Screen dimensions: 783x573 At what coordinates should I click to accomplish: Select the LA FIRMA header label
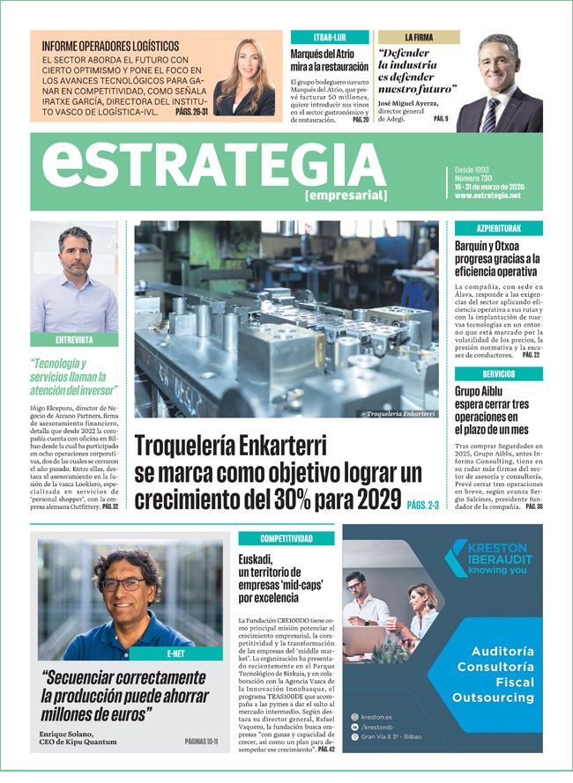(419, 37)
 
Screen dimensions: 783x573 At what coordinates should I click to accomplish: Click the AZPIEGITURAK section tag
(498, 228)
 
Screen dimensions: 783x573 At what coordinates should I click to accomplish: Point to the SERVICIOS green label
(498, 373)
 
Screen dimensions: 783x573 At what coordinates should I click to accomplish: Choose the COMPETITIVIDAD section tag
(286, 538)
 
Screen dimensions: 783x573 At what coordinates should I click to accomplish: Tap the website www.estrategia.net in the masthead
(487, 196)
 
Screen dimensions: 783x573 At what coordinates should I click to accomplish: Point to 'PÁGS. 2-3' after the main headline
(423, 505)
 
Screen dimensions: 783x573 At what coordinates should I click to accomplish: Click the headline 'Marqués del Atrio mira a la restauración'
(329, 60)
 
